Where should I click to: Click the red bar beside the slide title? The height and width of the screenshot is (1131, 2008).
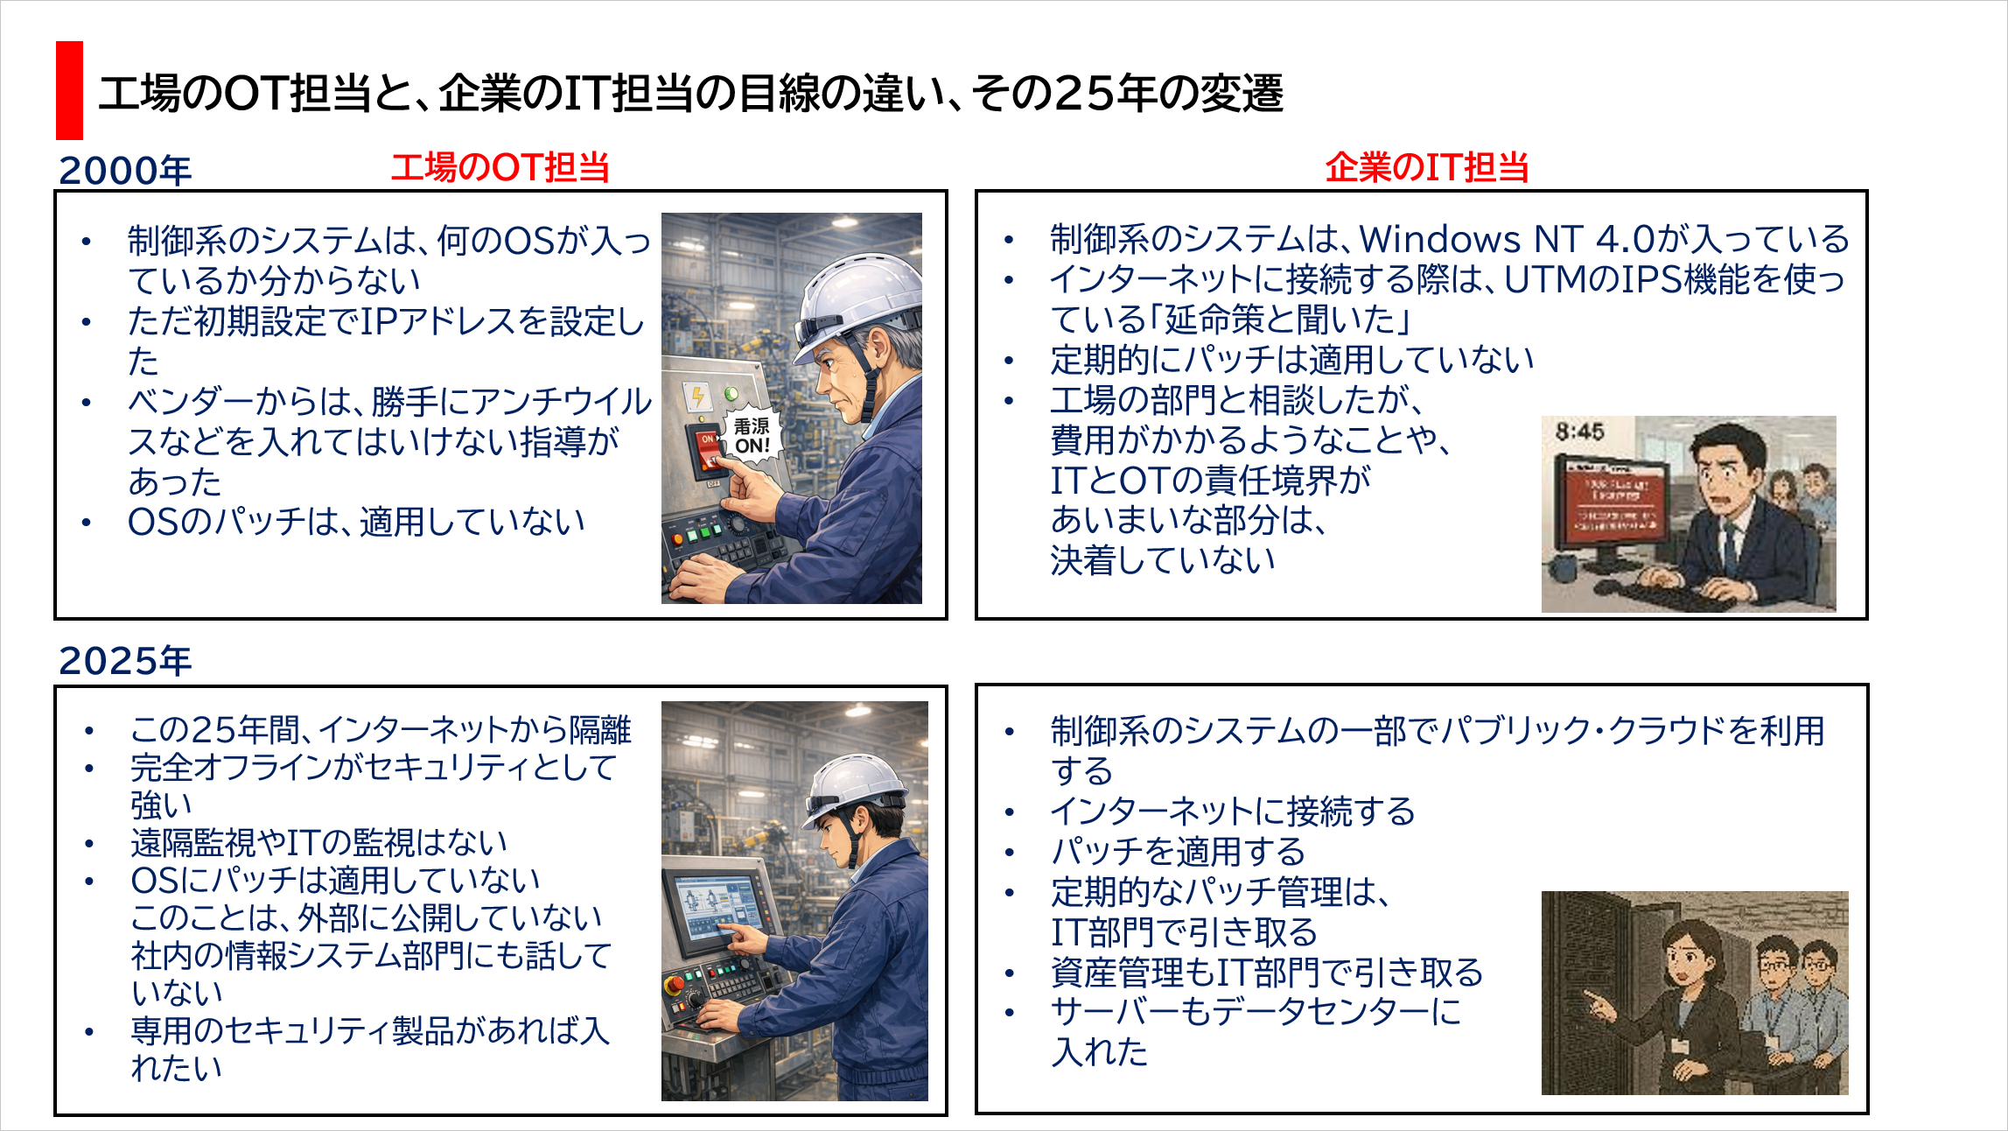[x=69, y=90]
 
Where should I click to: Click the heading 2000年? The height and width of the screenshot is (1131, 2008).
[x=124, y=170]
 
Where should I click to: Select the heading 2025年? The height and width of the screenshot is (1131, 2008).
[x=124, y=660]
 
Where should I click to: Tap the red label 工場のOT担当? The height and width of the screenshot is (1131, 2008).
[x=500, y=167]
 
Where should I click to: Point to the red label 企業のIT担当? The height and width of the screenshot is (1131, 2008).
[x=1426, y=167]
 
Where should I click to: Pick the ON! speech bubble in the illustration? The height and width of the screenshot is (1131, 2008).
[x=751, y=435]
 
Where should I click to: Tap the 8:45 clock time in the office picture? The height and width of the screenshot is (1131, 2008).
[x=1579, y=432]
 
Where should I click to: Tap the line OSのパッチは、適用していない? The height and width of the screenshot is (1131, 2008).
[x=356, y=522]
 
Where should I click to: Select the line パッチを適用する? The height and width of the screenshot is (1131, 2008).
[x=1178, y=852]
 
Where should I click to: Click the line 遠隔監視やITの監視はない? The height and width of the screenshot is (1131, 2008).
[x=318, y=842]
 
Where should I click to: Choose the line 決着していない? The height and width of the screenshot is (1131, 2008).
[x=1163, y=560]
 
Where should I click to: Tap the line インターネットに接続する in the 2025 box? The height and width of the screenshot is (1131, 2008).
[x=1232, y=811]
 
